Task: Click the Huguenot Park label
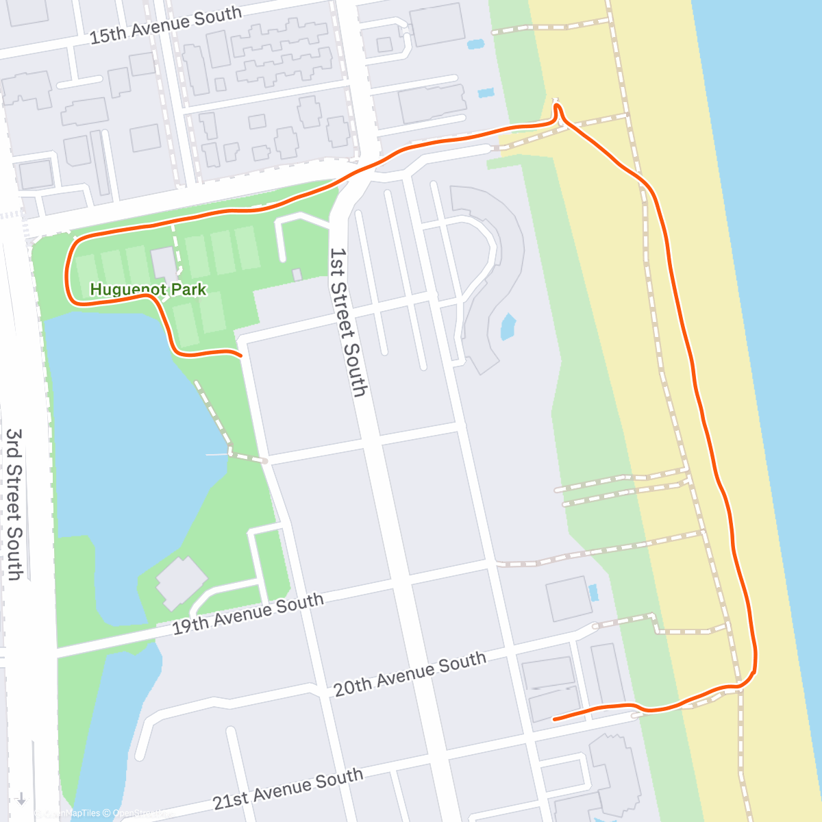[148, 290]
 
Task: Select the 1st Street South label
[348, 322]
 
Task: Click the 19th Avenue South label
[247, 614]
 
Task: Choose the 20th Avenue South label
[410, 674]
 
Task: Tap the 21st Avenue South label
[288, 788]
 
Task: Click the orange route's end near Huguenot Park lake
[240, 356]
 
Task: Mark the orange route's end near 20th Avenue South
[554, 719]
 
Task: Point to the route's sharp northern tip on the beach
[556, 105]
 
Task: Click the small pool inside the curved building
[508, 327]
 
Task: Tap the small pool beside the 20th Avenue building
[593, 593]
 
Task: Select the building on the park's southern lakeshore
[181, 582]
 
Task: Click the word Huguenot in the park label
[128, 290]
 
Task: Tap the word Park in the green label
[189, 290]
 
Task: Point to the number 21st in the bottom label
[229, 799]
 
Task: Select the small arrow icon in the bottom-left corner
[21, 799]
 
